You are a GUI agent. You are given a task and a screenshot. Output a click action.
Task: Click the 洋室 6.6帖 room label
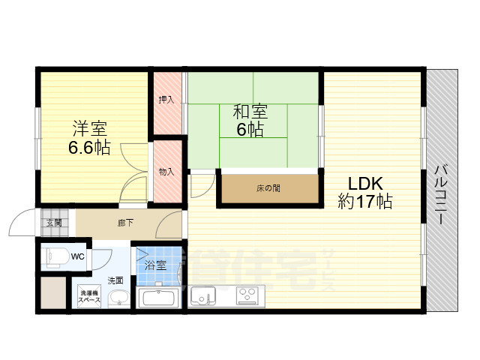[x=89, y=137]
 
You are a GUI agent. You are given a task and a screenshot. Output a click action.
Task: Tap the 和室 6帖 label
[x=250, y=121]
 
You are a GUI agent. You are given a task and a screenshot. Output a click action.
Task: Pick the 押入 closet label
[x=167, y=99]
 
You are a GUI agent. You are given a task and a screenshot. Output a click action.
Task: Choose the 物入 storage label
[x=167, y=171]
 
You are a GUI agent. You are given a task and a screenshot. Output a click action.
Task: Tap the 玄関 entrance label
[x=54, y=222]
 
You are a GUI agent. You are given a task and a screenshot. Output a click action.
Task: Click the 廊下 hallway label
[x=125, y=222]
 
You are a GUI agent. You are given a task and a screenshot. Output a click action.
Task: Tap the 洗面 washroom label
[x=115, y=280]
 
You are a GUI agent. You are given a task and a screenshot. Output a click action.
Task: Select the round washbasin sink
[x=118, y=299]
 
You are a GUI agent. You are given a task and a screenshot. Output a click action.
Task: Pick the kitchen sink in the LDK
[x=202, y=298]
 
